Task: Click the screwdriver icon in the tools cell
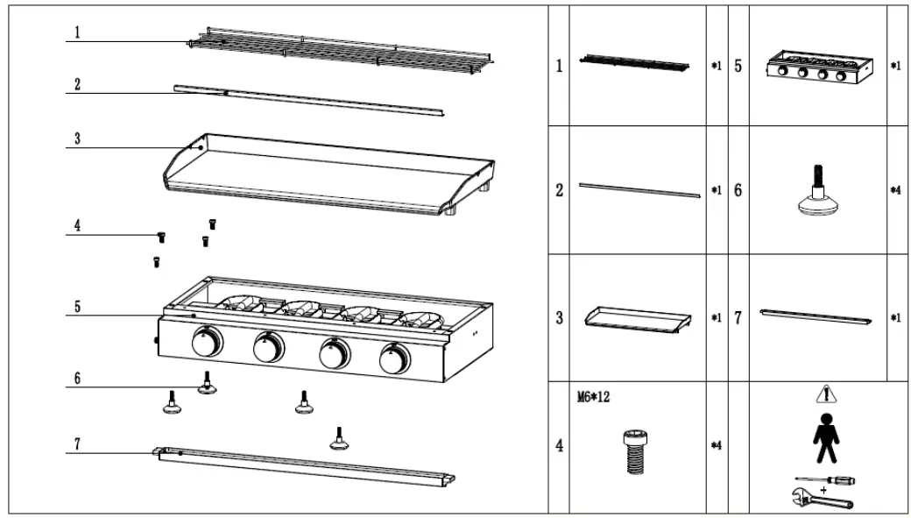pos(824,480)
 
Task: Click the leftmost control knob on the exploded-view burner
pos(207,346)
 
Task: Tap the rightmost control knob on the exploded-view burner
pos(394,358)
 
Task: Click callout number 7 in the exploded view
pos(76,444)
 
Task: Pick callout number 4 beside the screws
pos(76,226)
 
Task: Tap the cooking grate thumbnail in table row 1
pos(632,64)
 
